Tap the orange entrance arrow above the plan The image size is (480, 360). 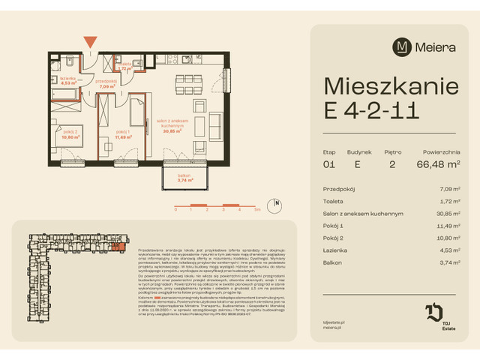(90, 42)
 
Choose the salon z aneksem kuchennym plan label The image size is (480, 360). (183, 124)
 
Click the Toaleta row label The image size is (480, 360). (336, 202)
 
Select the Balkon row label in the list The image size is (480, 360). (334, 263)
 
